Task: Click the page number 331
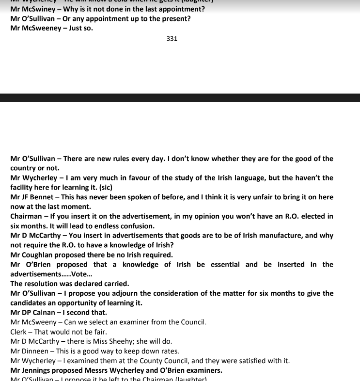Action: point(172,39)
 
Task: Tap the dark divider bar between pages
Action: point(180,97)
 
